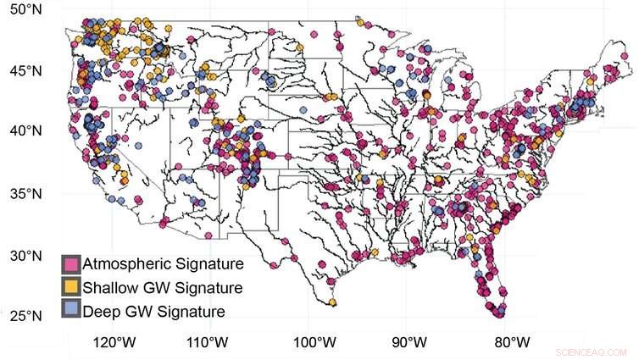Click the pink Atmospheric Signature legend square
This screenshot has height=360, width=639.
(x=70, y=264)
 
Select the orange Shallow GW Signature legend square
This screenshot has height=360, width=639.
(x=70, y=288)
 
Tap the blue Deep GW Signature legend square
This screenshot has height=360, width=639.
(x=70, y=311)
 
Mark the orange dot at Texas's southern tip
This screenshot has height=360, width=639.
(x=333, y=302)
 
